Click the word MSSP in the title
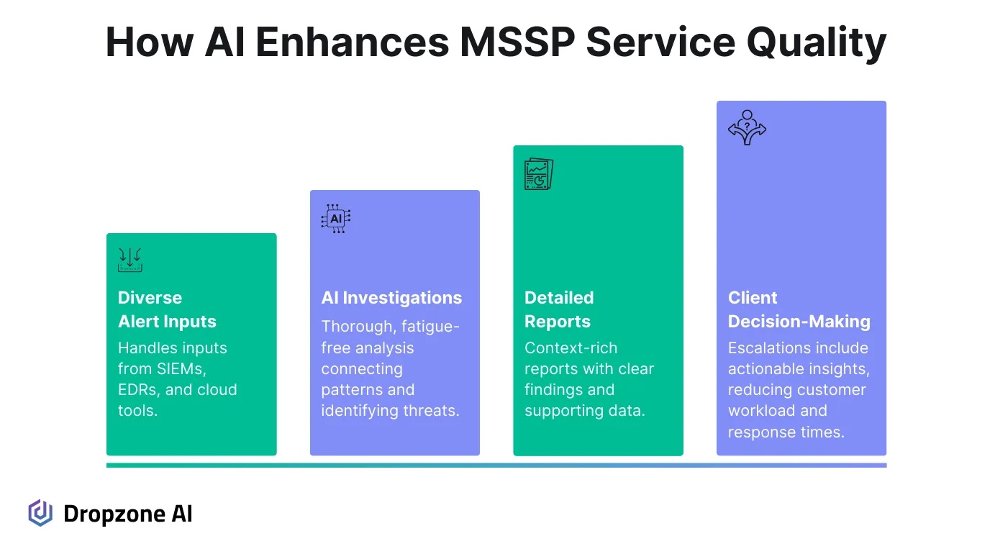point(516,43)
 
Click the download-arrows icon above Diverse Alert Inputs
point(130,260)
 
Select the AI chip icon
point(335,219)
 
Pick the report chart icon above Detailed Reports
point(539,174)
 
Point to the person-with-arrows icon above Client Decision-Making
point(747,128)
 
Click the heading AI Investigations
point(391,298)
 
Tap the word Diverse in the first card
point(150,298)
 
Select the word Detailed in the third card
point(559,298)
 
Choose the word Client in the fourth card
point(753,298)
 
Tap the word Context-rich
point(571,348)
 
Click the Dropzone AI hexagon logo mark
point(40,513)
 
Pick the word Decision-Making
point(799,322)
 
